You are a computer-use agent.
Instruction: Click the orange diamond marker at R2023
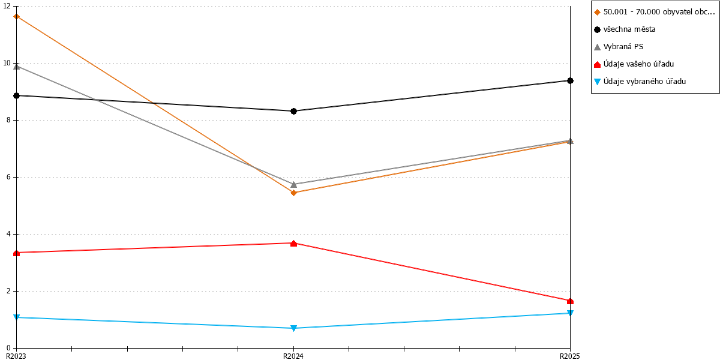click(16, 16)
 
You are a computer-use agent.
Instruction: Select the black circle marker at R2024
click(293, 111)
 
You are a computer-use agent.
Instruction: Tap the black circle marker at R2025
click(570, 80)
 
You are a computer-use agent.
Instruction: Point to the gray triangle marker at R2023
click(16, 67)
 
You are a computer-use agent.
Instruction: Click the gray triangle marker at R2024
click(293, 185)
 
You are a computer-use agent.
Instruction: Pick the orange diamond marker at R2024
click(293, 193)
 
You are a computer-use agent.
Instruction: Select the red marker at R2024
click(293, 244)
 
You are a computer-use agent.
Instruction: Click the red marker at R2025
click(570, 301)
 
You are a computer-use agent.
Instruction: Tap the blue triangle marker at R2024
click(293, 328)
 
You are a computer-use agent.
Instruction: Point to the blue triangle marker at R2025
click(570, 313)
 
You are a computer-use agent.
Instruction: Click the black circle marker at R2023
click(16, 95)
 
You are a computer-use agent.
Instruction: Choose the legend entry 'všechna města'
click(625, 29)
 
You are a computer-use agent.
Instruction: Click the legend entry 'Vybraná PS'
click(619, 47)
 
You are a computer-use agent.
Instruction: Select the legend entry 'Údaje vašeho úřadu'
click(634, 64)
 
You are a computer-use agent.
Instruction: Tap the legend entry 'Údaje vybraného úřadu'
click(640, 82)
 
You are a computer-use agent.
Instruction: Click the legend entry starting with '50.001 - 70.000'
click(655, 12)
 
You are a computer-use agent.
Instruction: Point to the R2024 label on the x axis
click(293, 356)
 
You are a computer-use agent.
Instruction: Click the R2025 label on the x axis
click(570, 356)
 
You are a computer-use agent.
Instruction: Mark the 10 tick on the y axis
click(7, 63)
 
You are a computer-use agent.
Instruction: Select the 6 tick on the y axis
click(8, 177)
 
